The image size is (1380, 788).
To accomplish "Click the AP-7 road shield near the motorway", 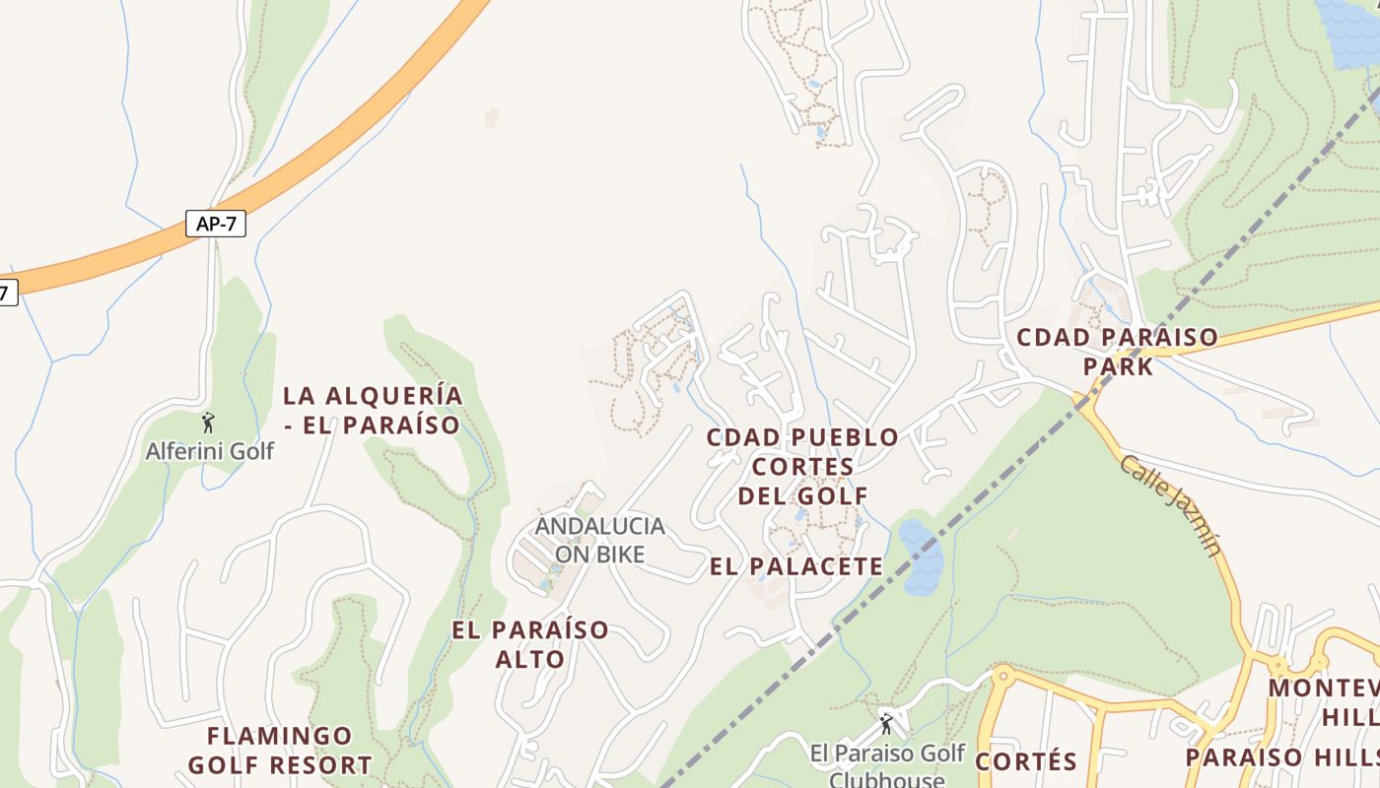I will (x=216, y=224).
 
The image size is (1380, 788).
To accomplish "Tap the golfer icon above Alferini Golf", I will (x=208, y=424).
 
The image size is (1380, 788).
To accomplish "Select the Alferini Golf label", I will (x=209, y=451).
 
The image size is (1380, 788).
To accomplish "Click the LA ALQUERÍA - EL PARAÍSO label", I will (x=372, y=410).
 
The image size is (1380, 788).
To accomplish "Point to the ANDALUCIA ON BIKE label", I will (x=599, y=540).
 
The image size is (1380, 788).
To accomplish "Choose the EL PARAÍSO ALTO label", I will (x=530, y=644).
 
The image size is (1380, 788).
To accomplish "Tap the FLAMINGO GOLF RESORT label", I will (x=280, y=750).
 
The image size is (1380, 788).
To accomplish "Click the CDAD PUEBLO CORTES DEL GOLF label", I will (x=802, y=466).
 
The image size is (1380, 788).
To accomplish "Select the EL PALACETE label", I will (x=795, y=566).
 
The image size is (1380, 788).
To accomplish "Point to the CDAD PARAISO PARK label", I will (x=1117, y=352).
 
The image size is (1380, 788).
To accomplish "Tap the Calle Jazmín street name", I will (x=1171, y=505).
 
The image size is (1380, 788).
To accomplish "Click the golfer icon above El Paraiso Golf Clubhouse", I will (x=885, y=724).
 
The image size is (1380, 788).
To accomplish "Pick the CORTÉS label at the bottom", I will (x=1026, y=761).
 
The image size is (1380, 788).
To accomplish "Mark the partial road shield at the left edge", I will (x=7, y=293).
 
